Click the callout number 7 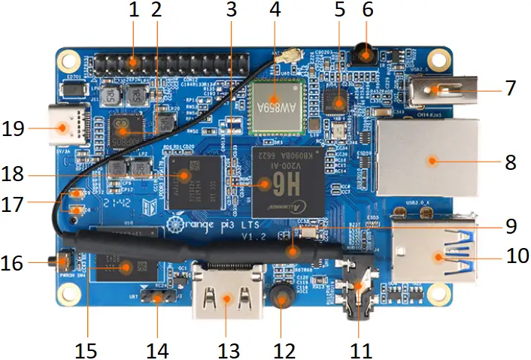pos(511,88)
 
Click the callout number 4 pos(275,11)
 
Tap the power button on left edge pos(59,262)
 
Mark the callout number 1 pos(134,11)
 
